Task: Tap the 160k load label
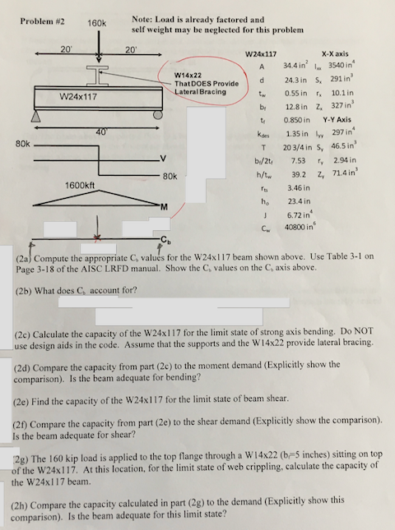pyautogui.click(x=99, y=24)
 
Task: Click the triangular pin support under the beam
pyautogui.click(x=35, y=119)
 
